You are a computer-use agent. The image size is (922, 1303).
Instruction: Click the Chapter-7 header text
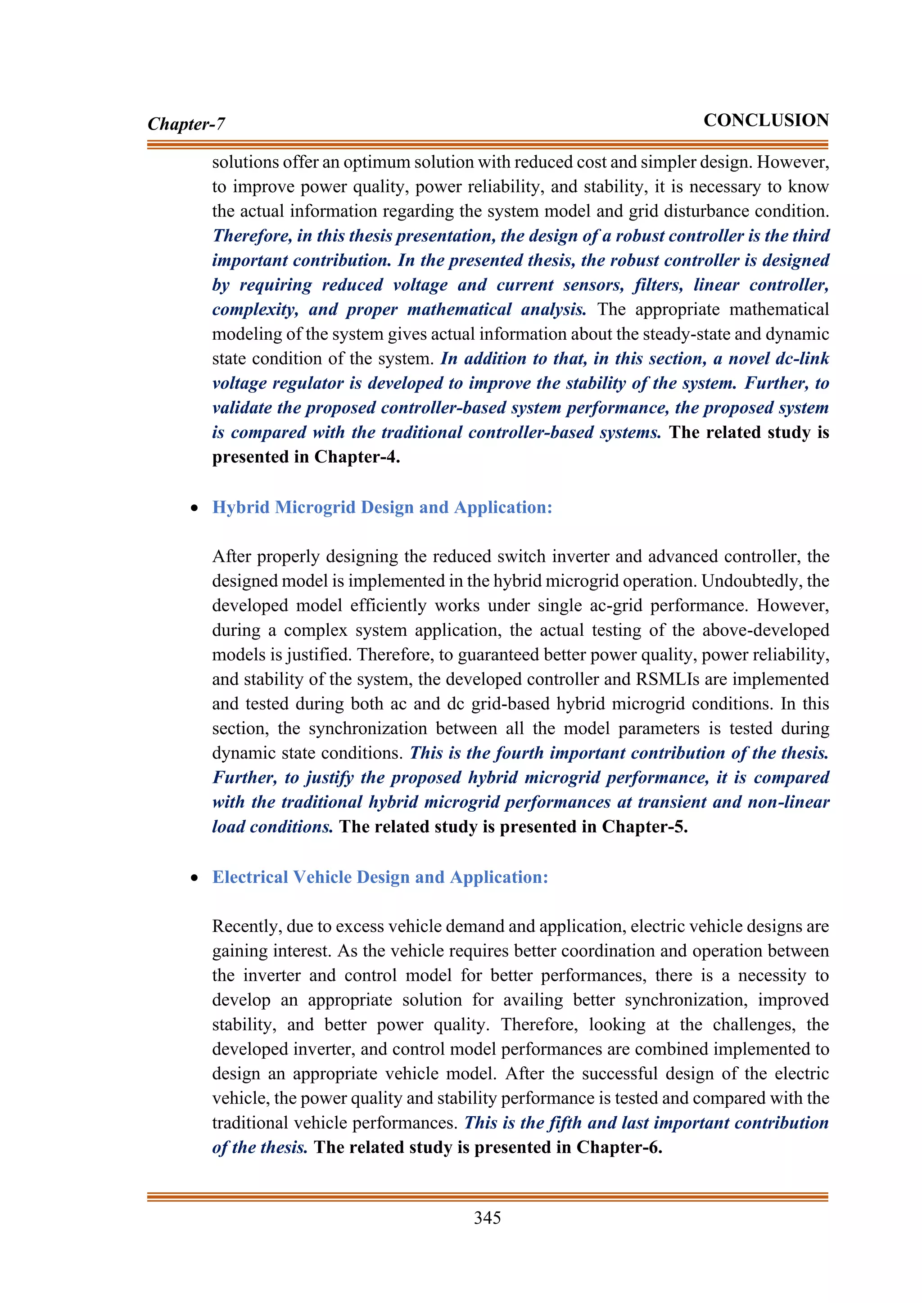click(186, 124)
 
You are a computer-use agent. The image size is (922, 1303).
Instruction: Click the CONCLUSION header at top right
click(766, 120)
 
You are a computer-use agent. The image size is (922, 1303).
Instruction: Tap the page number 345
click(487, 1218)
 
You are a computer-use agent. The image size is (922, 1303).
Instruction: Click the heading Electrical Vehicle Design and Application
click(380, 877)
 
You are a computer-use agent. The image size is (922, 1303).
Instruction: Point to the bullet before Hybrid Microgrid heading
click(195, 508)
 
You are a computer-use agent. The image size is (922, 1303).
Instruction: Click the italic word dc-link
click(802, 359)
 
